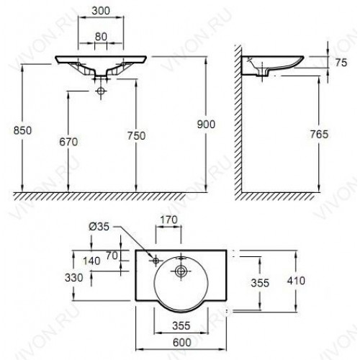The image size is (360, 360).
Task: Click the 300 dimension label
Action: tap(101, 11)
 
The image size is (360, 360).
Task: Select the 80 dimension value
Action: tap(101, 37)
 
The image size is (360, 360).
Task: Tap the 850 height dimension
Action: tap(22, 130)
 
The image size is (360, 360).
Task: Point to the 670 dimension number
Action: tap(68, 142)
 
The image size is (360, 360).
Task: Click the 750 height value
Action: tap(136, 136)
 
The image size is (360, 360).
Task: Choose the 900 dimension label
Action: tap(206, 125)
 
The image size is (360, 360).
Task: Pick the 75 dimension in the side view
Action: tap(341, 63)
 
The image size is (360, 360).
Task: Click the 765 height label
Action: tap(319, 134)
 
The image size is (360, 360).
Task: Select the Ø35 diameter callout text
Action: tap(99, 226)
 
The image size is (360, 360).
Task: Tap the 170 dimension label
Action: tap(169, 220)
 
